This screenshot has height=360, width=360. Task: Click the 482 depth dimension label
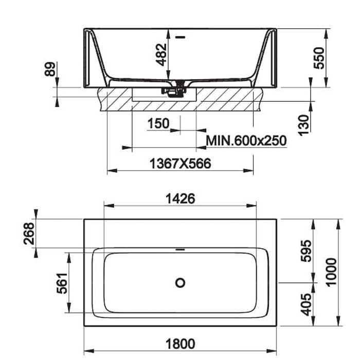pyautogui.click(x=161, y=55)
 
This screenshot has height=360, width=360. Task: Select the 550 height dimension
pyautogui.click(x=319, y=58)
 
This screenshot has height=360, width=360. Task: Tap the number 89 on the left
pyautogui.click(x=50, y=69)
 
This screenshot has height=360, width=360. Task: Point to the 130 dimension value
pyautogui.click(x=304, y=125)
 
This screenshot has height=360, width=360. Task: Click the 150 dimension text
pyautogui.click(x=158, y=123)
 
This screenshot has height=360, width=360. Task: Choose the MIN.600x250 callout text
pyautogui.click(x=246, y=140)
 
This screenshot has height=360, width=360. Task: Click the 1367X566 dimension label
pyautogui.click(x=180, y=164)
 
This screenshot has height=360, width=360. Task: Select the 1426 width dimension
pyautogui.click(x=180, y=199)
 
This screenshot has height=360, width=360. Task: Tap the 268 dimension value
pyautogui.click(x=29, y=233)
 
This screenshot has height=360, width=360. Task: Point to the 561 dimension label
pyautogui.click(x=62, y=283)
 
